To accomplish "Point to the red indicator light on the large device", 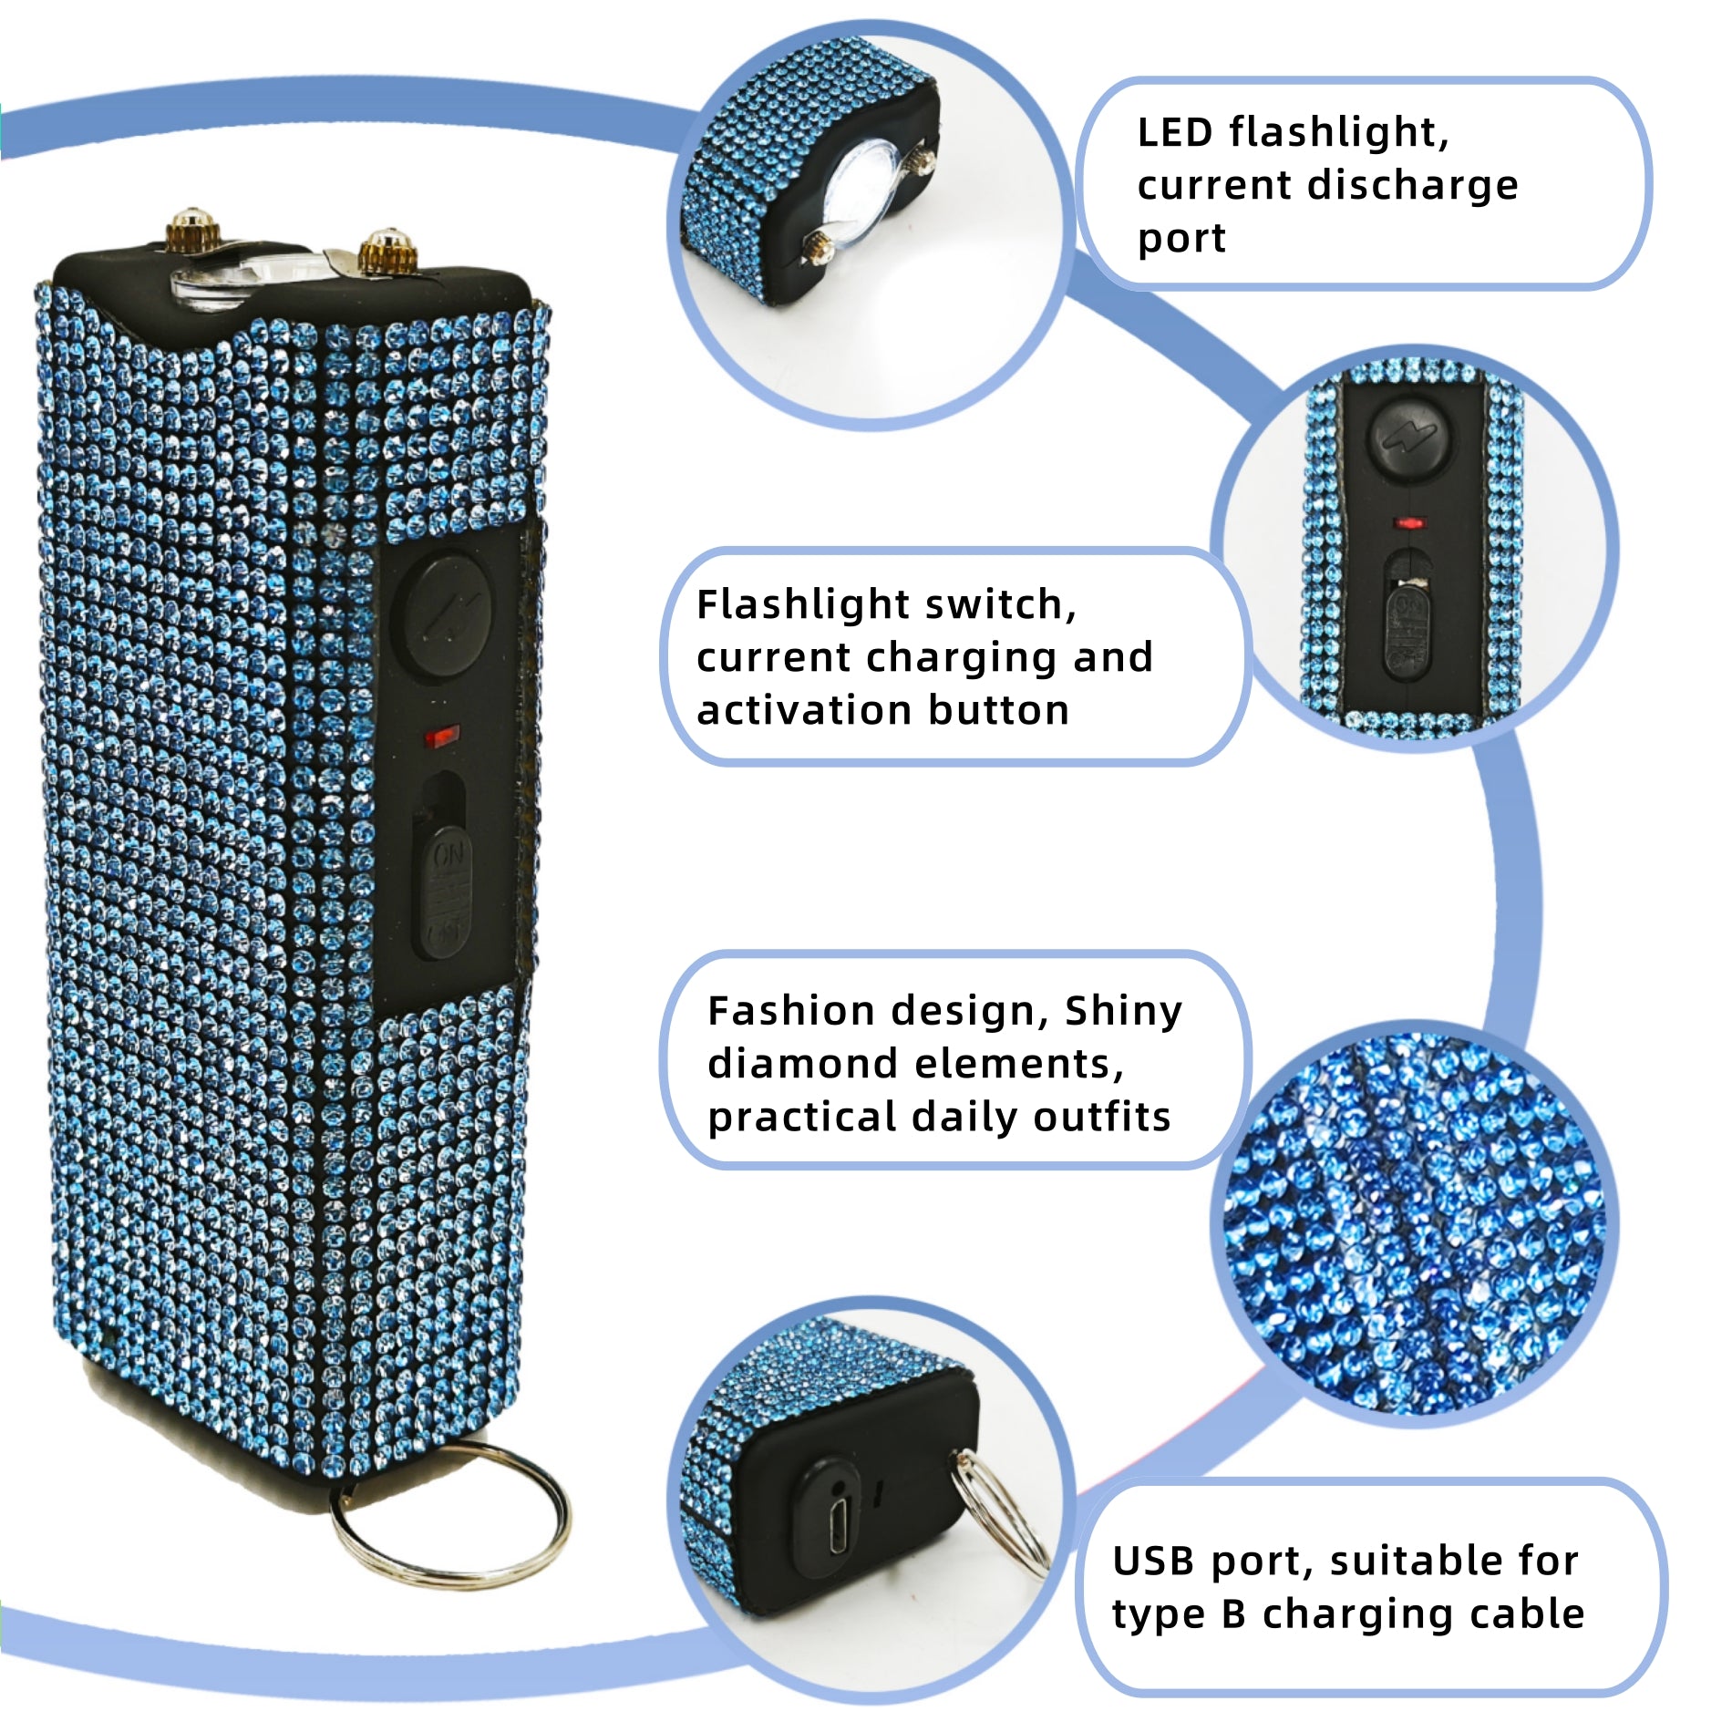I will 443,735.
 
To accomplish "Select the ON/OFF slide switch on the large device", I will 445,892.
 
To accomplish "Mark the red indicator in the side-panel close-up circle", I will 1409,525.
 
